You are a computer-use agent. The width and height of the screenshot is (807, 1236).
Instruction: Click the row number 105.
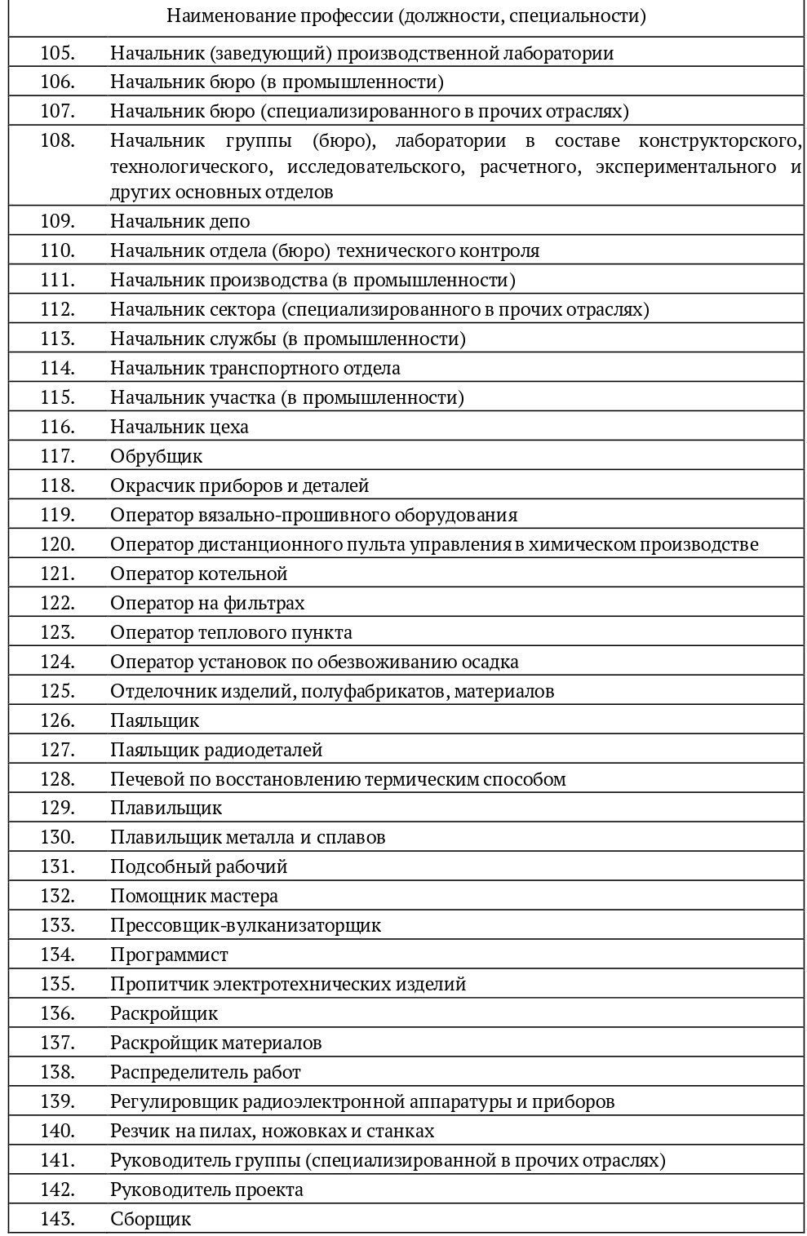(x=57, y=53)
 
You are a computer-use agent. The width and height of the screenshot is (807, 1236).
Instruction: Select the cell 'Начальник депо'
(x=180, y=222)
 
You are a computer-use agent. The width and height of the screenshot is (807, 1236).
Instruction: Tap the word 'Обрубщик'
(x=156, y=456)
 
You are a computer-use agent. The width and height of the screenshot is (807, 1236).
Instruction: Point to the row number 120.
(x=57, y=544)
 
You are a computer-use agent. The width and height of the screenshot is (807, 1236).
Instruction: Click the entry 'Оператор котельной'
(x=198, y=574)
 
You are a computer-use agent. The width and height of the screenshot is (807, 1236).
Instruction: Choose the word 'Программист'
(x=169, y=955)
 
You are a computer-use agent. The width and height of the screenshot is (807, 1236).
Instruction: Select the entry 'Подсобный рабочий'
(x=198, y=866)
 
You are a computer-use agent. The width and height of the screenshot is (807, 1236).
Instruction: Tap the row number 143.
(x=57, y=1219)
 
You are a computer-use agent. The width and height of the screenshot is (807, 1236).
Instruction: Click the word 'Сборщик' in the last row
(x=150, y=1219)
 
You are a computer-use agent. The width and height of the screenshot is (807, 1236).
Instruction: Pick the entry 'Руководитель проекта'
(x=206, y=1189)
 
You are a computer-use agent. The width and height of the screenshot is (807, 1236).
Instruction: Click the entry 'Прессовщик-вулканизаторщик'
(x=246, y=925)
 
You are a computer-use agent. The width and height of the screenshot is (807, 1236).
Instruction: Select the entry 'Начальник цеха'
(x=180, y=427)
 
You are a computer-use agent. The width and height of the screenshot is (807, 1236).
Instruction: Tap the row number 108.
(x=57, y=140)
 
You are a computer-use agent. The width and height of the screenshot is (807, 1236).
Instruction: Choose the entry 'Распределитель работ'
(x=206, y=1072)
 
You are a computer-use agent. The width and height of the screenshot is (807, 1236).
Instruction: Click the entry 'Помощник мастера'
(x=194, y=896)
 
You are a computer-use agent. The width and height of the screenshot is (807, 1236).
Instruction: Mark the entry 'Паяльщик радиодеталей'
(x=216, y=750)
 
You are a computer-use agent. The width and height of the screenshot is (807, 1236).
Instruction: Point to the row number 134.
(x=57, y=955)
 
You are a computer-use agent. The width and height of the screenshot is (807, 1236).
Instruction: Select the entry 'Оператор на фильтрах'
(x=207, y=603)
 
